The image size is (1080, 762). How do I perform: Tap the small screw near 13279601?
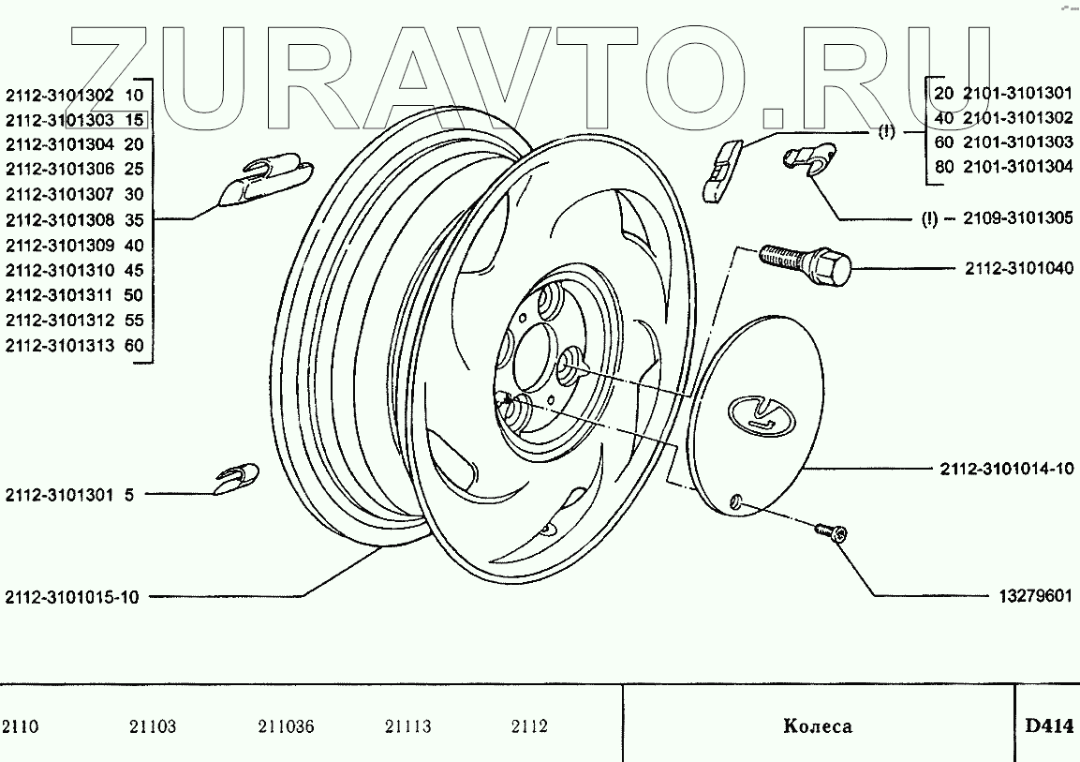click(x=830, y=531)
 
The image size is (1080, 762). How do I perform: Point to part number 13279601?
click(x=1029, y=596)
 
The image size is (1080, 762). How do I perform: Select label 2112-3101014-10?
click(x=1006, y=469)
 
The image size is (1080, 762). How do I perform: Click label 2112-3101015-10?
click(x=71, y=597)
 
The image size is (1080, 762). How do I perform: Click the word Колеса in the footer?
click(x=817, y=726)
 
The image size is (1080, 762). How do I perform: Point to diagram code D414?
click(x=1048, y=725)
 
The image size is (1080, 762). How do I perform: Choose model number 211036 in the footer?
click(x=285, y=726)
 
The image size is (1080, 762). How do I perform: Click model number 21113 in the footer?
click(x=407, y=726)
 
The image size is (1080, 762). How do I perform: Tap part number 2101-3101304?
click(x=1018, y=168)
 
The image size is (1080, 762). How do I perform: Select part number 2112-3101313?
click(x=60, y=346)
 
